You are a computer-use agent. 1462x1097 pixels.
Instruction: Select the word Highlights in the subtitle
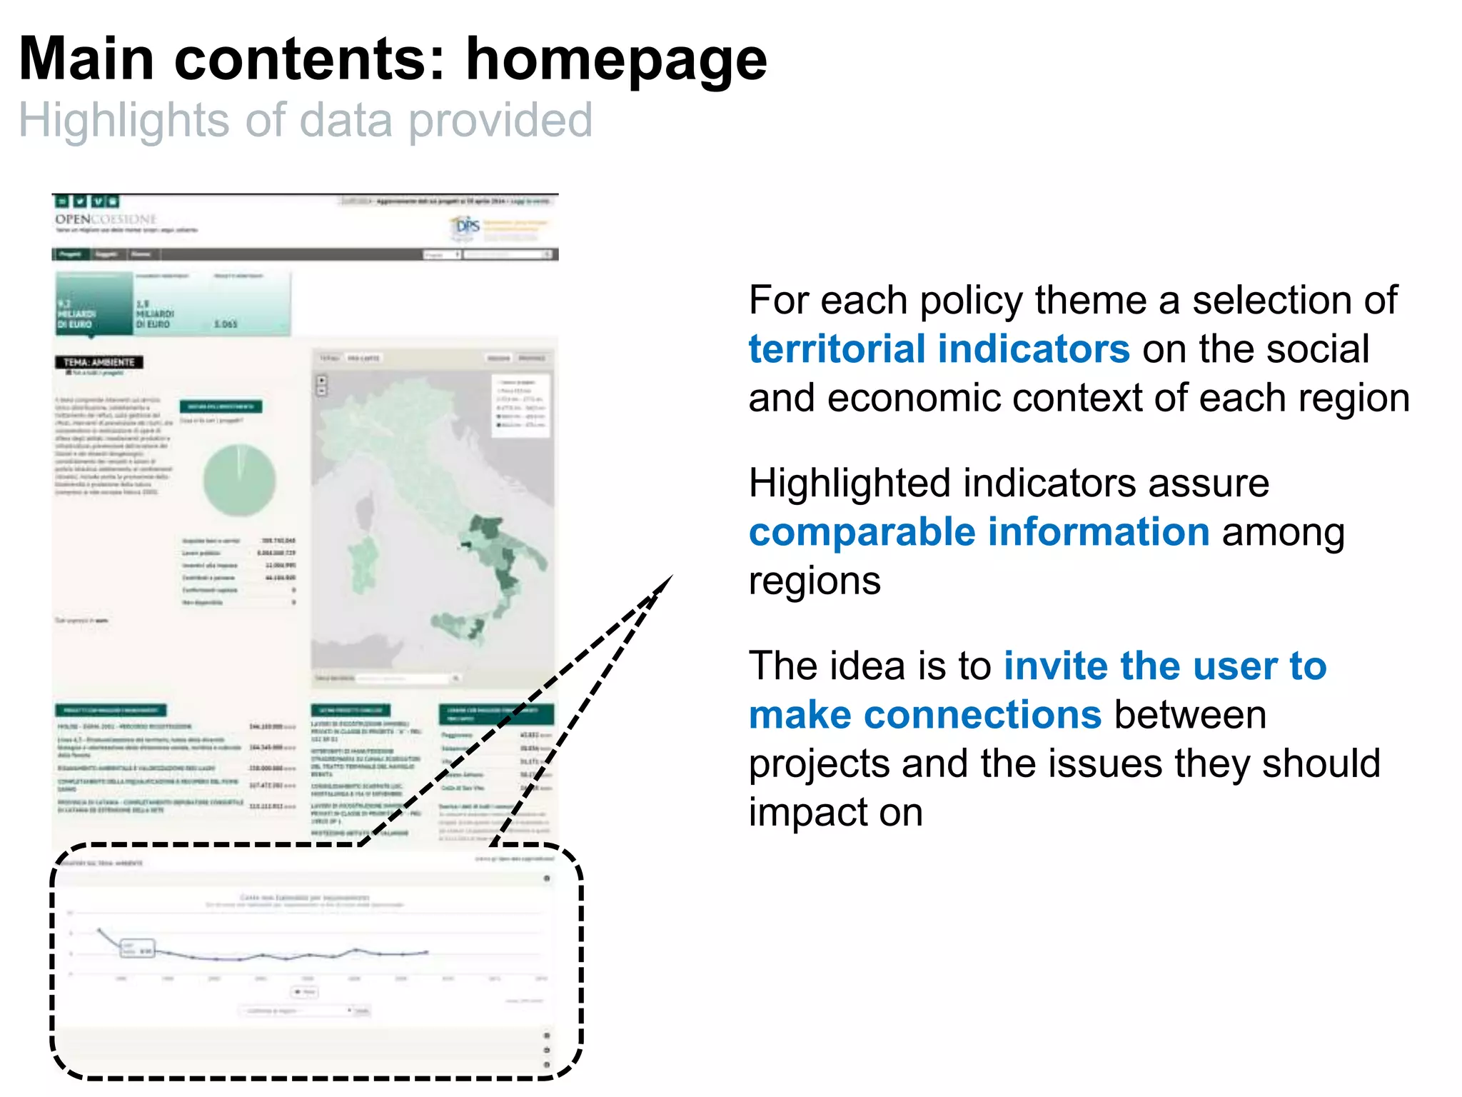tap(123, 120)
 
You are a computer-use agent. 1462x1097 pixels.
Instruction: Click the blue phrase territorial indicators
tap(939, 349)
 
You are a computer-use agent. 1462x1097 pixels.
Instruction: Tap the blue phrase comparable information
tap(979, 532)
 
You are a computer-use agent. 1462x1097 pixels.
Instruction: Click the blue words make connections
tap(925, 715)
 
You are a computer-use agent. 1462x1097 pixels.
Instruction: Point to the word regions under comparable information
tap(814, 581)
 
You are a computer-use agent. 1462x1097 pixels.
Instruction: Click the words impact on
tap(835, 813)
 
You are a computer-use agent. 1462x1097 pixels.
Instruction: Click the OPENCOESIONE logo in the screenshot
tap(106, 219)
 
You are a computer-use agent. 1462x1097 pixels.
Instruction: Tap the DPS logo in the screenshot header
tap(467, 226)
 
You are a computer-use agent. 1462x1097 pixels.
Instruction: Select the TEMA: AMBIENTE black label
tap(99, 362)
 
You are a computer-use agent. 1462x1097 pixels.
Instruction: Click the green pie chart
tap(239, 480)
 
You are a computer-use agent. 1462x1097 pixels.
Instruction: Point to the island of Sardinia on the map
tap(364, 564)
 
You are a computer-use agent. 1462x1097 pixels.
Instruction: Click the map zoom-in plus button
tap(322, 380)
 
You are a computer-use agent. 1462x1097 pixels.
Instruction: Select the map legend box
tap(522, 404)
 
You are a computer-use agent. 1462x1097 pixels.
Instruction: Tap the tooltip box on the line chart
tap(138, 948)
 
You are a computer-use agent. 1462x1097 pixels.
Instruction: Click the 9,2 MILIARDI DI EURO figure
tap(77, 314)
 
